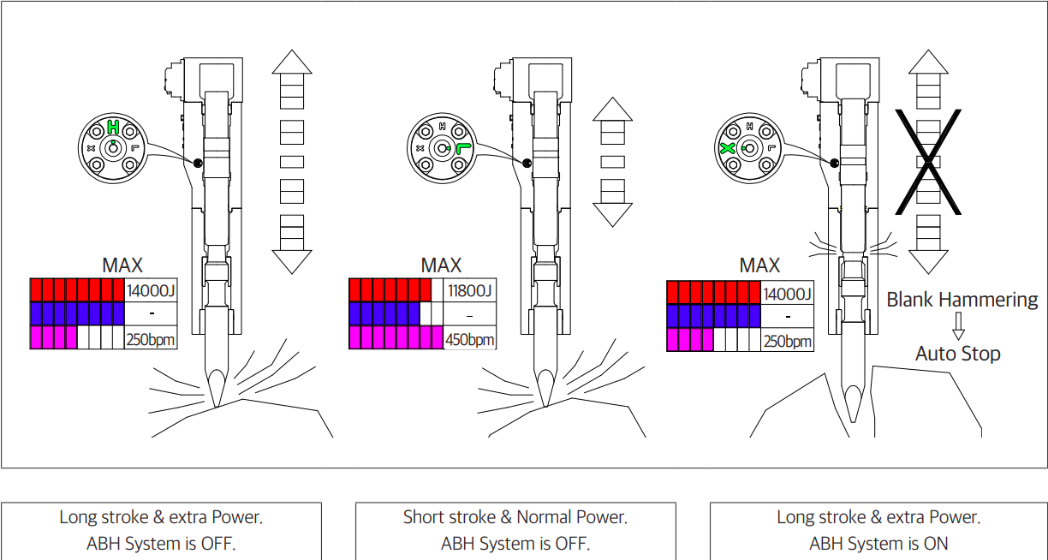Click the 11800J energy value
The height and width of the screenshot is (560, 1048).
click(x=470, y=291)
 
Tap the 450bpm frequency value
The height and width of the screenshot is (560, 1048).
click(x=470, y=339)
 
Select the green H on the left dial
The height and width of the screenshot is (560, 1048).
click(x=113, y=128)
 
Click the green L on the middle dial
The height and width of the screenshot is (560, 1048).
click(x=463, y=148)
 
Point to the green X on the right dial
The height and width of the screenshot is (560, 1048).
click(x=728, y=148)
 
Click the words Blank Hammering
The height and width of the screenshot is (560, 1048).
click(x=962, y=300)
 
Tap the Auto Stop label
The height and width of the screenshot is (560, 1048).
click(x=957, y=354)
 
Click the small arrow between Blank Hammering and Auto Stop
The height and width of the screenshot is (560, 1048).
click(x=958, y=326)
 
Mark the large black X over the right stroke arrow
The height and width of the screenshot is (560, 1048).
click(x=928, y=161)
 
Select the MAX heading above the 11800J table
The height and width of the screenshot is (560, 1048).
click(x=441, y=265)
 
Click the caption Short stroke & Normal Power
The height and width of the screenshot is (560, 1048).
click(x=515, y=517)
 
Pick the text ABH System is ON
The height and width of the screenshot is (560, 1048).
click(x=878, y=543)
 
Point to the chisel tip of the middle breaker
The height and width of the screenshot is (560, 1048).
click(x=543, y=401)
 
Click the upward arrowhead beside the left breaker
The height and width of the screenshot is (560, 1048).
click(x=292, y=63)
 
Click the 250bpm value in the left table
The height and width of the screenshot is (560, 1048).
click(x=152, y=340)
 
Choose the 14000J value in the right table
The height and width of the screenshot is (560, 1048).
click(x=787, y=294)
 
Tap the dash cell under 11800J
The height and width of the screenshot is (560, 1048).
click(x=470, y=315)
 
